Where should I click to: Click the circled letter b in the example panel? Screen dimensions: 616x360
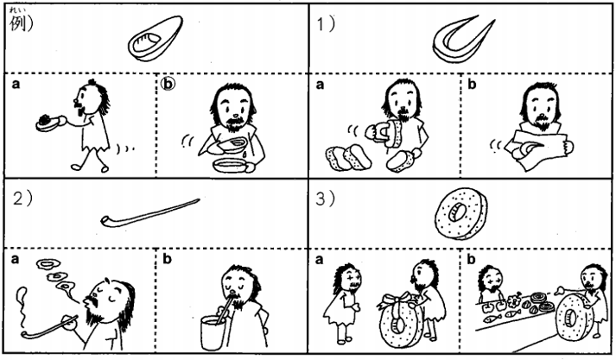(x=168, y=84)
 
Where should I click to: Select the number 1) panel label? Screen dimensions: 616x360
(x=326, y=24)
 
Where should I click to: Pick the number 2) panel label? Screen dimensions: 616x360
(x=22, y=199)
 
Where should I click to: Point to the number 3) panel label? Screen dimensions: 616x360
(x=326, y=199)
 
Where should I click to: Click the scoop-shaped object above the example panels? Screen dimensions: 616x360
(x=156, y=39)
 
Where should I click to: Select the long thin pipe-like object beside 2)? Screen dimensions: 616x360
(x=149, y=213)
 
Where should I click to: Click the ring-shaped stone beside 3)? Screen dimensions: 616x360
(x=461, y=213)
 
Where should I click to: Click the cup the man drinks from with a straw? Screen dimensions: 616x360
(x=213, y=333)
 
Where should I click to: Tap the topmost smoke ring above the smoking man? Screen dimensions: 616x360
(x=48, y=264)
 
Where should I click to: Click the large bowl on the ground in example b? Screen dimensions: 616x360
(x=231, y=165)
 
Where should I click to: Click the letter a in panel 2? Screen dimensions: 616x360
(x=15, y=259)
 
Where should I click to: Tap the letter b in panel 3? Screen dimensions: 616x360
(x=471, y=259)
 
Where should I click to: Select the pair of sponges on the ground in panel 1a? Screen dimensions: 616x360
(x=349, y=157)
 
